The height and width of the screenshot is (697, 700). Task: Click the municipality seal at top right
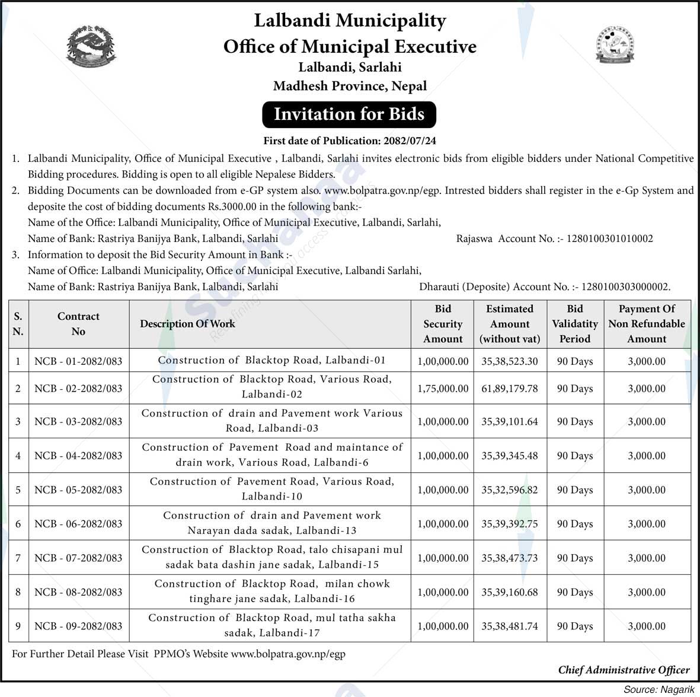click(614, 45)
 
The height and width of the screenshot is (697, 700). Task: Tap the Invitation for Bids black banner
click(349, 114)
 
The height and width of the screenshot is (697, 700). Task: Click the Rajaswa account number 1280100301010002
click(610, 238)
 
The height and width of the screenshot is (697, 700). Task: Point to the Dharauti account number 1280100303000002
click(626, 287)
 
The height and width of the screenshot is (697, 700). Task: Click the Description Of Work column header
click(187, 324)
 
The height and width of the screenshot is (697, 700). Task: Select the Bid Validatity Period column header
click(574, 324)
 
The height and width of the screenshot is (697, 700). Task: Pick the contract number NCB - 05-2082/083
click(78, 490)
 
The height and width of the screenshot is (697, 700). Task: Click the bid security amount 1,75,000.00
click(443, 389)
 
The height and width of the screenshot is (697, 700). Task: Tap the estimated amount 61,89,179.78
click(510, 389)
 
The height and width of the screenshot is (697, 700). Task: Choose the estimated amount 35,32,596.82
click(510, 490)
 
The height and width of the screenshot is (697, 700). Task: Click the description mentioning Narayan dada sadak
click(272, 523)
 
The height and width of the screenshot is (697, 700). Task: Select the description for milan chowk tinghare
click(272, 591)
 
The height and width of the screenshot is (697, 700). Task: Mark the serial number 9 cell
click(18, 626)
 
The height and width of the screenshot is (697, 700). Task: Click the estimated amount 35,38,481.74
click(510, 626)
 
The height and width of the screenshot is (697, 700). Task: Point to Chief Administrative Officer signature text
click(624, 670)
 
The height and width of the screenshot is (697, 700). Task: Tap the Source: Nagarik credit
click(658, 689)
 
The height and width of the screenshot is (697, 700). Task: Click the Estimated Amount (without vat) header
click(510, 324)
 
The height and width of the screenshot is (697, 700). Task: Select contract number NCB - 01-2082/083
click(78, 361)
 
